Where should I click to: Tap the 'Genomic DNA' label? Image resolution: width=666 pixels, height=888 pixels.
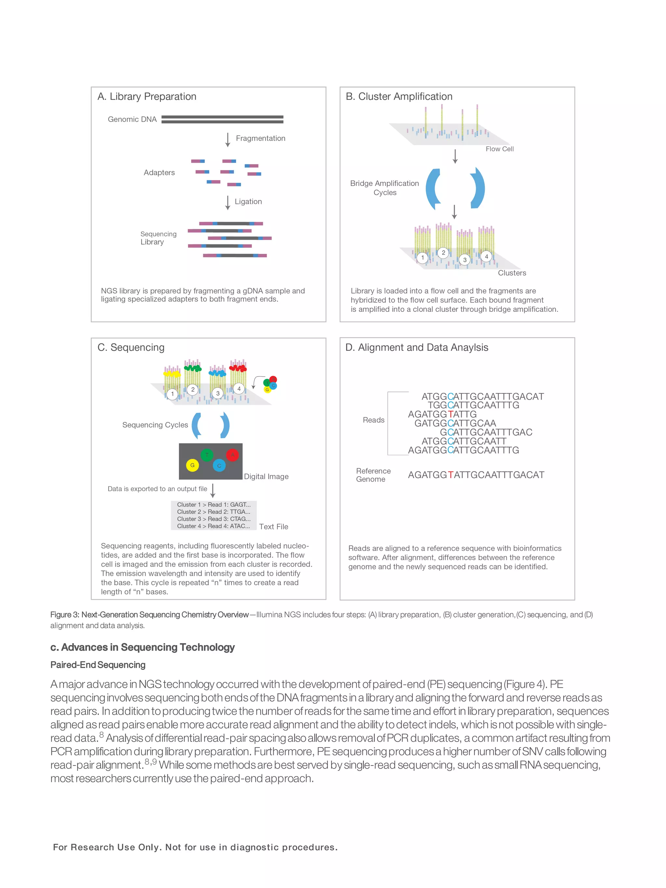pos(132,119)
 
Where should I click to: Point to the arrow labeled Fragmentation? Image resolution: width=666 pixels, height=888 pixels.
pos(228,139)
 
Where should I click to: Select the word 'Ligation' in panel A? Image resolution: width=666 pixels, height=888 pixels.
pos(248,202)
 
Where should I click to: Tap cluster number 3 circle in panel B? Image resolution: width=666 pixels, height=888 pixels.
pos(464,260)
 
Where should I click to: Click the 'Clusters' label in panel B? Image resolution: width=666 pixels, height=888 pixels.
pos(512,273)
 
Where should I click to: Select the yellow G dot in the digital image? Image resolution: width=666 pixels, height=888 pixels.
pos(192,465)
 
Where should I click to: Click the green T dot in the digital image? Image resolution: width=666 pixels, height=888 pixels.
pos(207,455)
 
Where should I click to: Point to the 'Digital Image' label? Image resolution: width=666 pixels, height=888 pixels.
pos(266,477)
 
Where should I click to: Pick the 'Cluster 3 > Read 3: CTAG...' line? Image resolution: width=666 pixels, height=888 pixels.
pos(214,519)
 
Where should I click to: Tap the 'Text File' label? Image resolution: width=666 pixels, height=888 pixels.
pos(273,527)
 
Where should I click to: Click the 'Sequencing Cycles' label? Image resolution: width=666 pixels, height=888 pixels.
pos(155,425)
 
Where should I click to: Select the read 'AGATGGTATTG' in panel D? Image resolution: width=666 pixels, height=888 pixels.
pos(442,414)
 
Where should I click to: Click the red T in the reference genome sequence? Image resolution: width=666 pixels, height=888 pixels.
pos(450,475)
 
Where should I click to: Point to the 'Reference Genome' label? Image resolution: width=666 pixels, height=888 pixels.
pos(373,475)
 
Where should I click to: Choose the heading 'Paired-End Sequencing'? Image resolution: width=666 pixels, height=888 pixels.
pos(98,665)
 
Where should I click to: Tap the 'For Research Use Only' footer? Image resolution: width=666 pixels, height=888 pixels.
pos(195,847)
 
